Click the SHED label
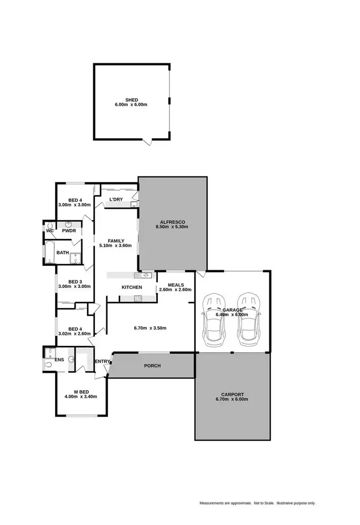132,100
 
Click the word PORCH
153,366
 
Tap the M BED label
81,391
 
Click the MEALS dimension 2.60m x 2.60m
175,289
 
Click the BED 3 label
75,282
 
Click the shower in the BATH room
74,259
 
